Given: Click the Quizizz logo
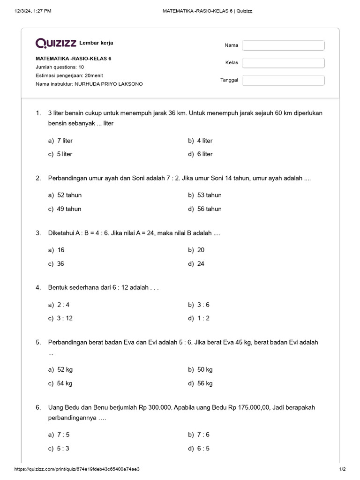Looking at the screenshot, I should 56,44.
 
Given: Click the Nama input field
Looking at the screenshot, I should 283,45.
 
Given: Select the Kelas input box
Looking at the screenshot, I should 283,63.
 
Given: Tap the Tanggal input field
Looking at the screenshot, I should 283,80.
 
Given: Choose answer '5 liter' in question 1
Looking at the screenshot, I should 64,154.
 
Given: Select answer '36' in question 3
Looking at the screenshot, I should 60,264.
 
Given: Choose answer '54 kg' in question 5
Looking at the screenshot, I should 64,383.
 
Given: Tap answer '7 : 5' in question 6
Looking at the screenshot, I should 63,435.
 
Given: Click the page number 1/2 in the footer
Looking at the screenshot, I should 342,469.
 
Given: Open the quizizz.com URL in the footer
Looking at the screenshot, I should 77,469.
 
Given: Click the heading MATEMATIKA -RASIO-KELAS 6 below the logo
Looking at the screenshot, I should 74,59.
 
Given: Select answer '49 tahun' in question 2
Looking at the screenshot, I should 69,209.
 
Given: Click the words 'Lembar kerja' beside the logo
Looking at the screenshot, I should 97,43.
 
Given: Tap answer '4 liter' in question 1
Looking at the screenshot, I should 205,141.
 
